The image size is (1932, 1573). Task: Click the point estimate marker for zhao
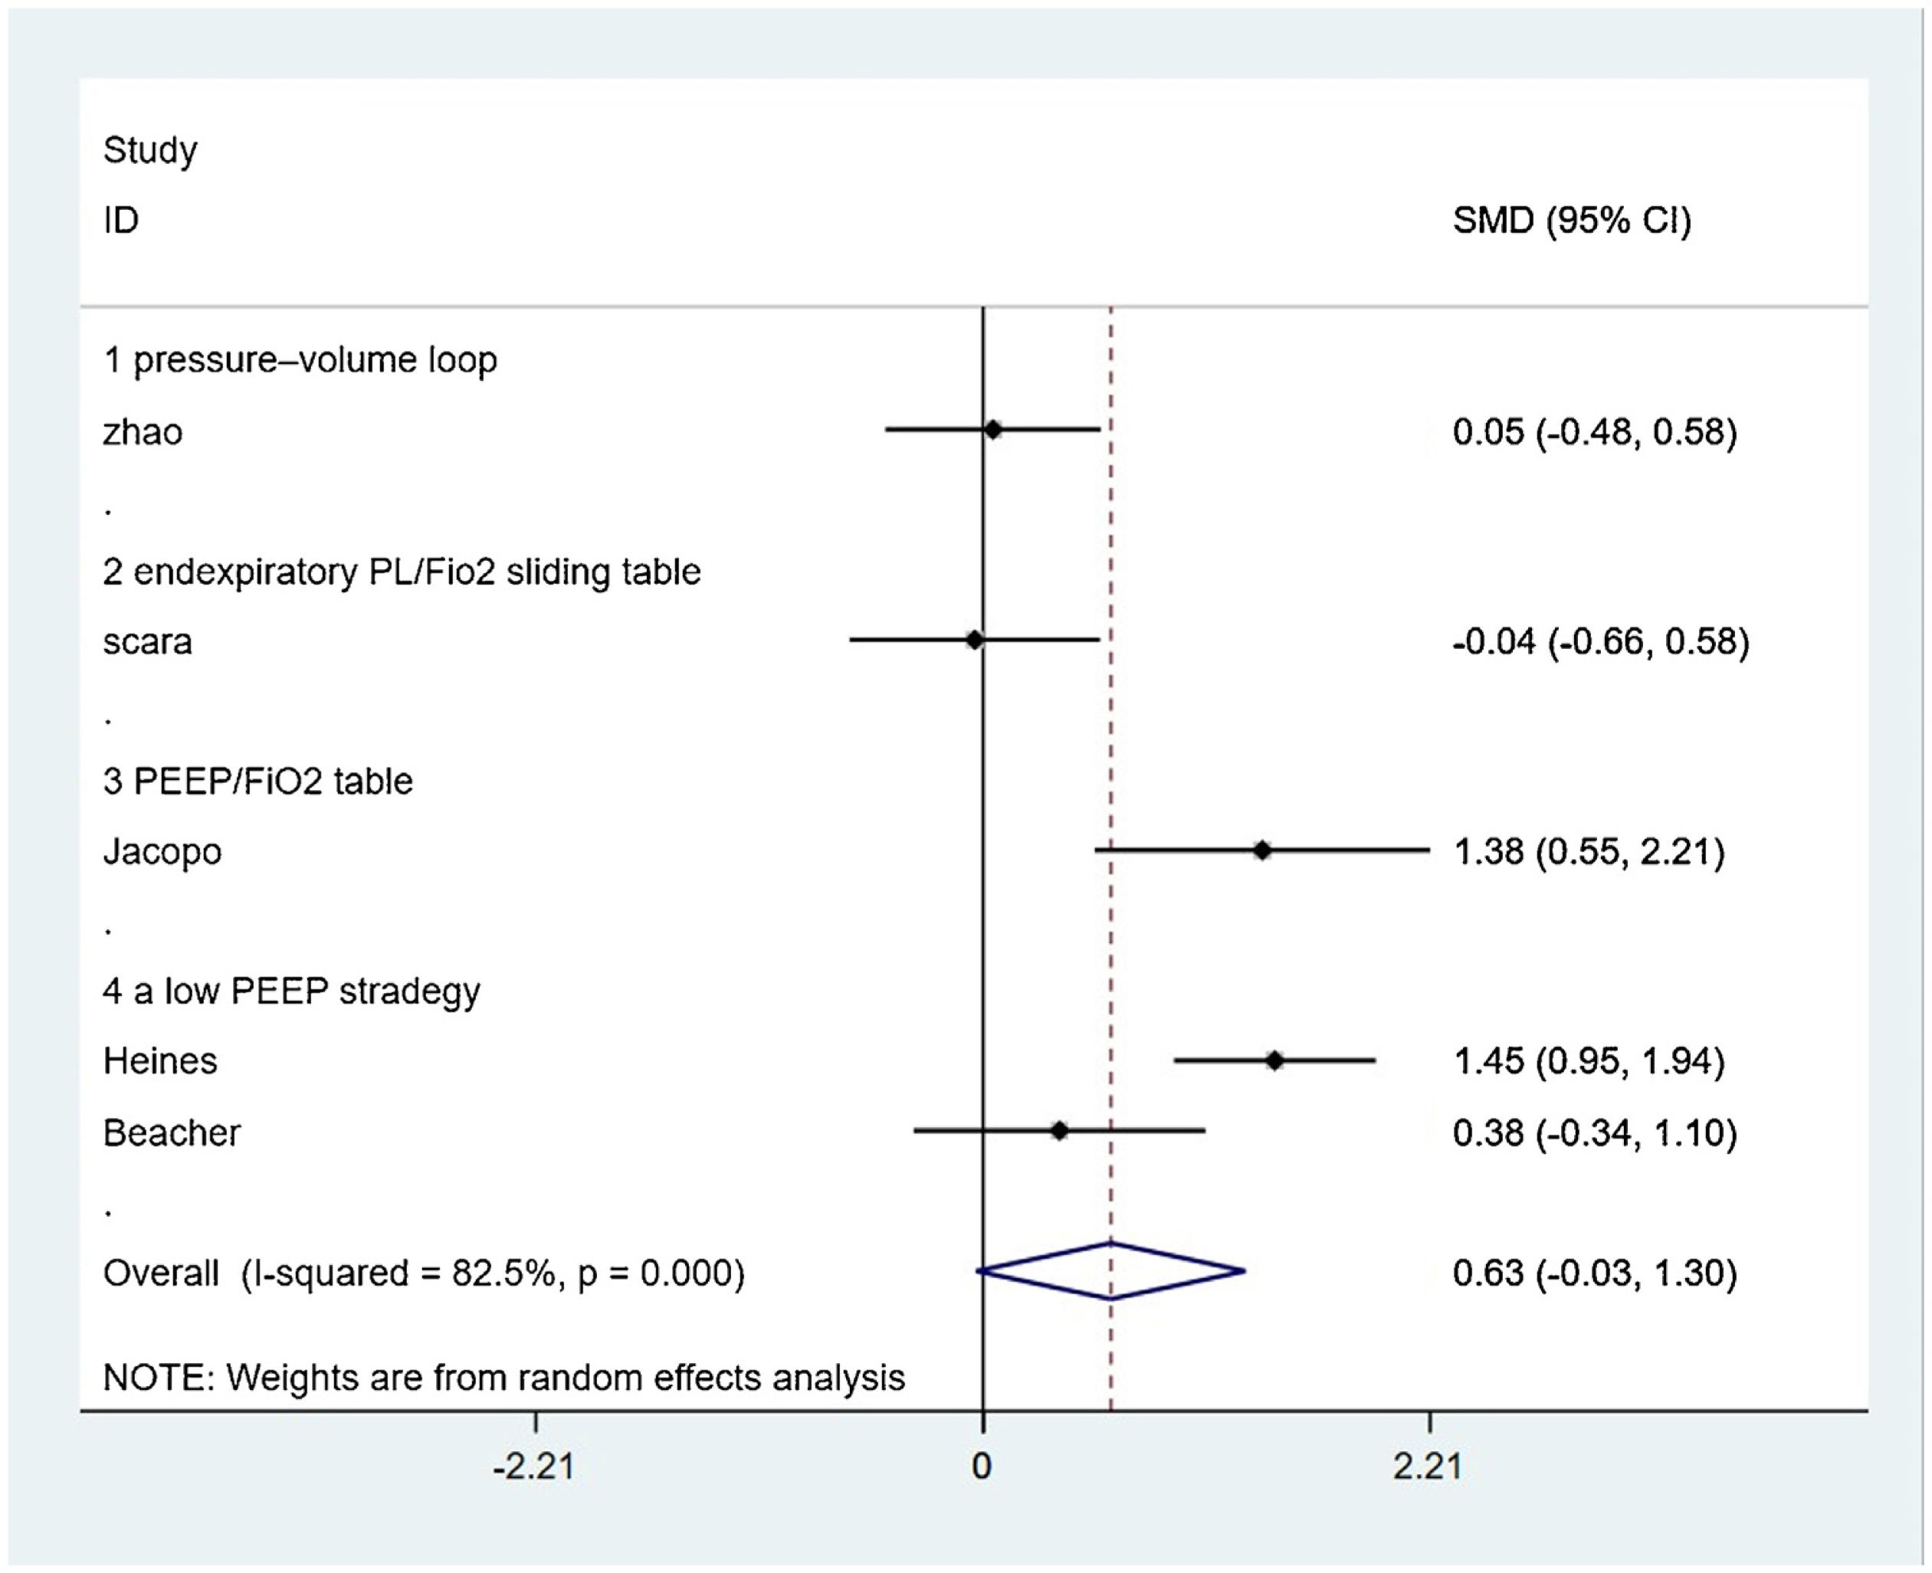(x=993, y=430)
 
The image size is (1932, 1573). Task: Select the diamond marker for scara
(x=974, y=640)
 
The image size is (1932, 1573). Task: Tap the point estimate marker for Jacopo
(x=1261, y=850)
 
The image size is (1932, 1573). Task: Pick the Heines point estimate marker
(x=1275, y=1060)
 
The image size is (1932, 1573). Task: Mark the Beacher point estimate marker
(x=1059, y=1131)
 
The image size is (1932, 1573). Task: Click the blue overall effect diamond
(x=1111, y=1271)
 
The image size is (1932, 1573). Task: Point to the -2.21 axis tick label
(x=533, y=1465)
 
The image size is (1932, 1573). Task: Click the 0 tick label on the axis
(x=982, y=1465)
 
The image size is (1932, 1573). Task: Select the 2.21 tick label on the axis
(x=1428, y=1465)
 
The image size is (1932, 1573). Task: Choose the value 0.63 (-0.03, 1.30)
(x=1595, y=1273)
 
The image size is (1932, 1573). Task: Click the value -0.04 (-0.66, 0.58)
(x=1600, y=641)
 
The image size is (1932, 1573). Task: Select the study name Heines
(x=160, y=1061)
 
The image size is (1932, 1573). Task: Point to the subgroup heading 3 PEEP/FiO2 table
(x=257, y=781)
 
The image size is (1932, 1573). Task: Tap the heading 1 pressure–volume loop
(x=300, y=359)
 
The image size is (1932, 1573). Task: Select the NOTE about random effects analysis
(x=504, y=1378)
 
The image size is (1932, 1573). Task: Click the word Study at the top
(x=149, y=149)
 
